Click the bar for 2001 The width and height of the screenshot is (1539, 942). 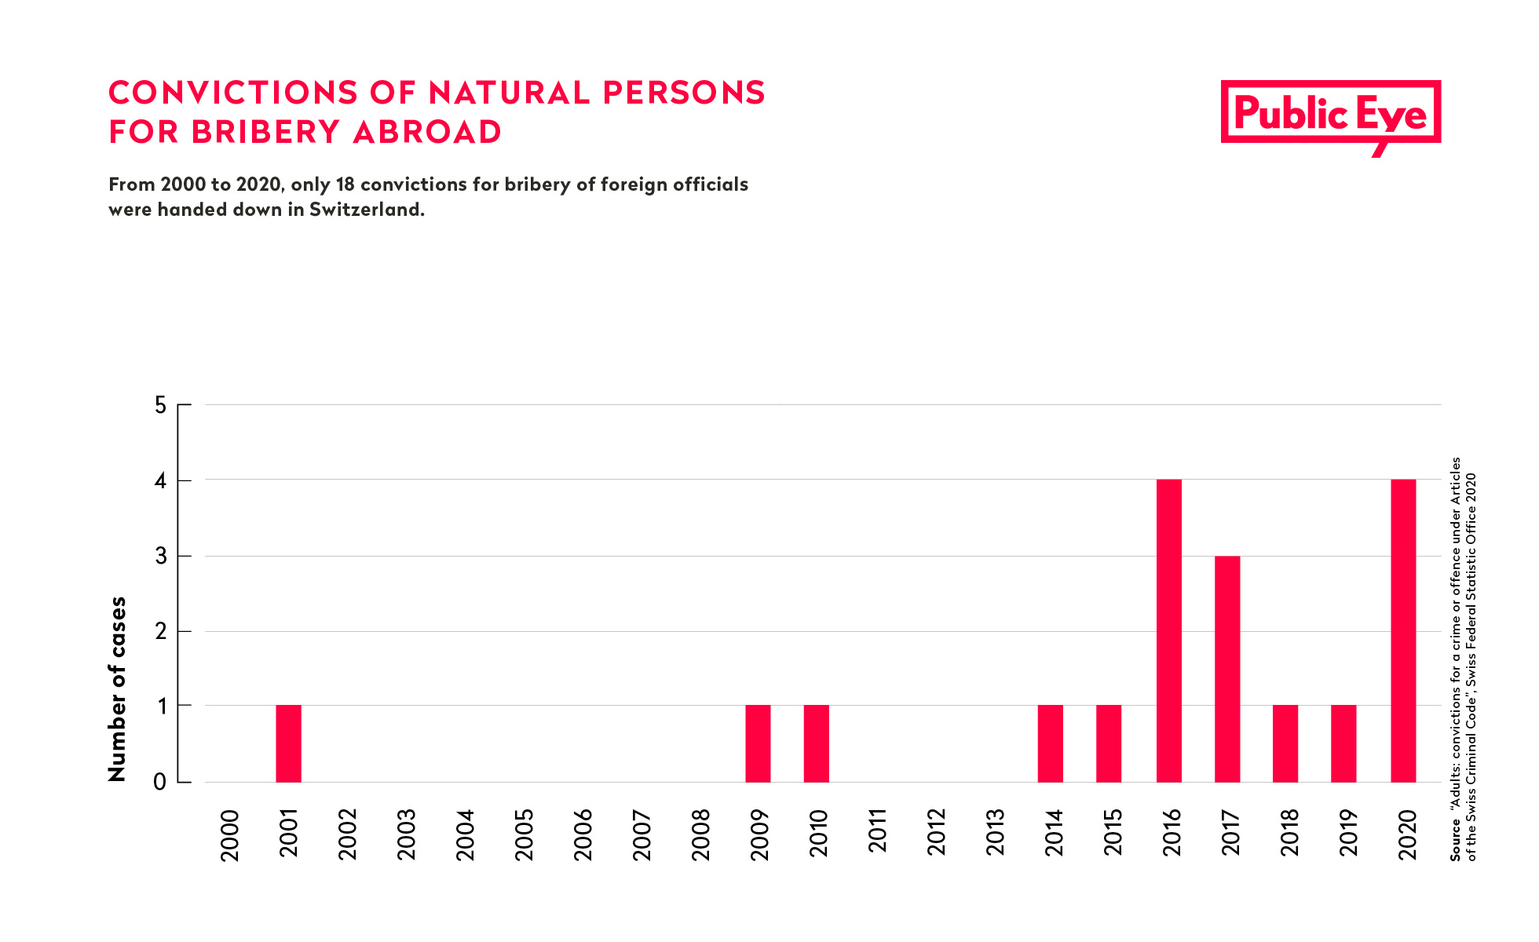(288, 743)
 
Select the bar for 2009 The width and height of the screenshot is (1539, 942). (758, 743)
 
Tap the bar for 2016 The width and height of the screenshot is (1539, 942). (1168, 630)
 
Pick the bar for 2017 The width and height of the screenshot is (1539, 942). (1227, 669)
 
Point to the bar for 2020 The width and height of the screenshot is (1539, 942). (1403, 630)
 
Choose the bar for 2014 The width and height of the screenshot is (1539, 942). (1051, 743)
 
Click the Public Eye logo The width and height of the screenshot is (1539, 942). (1330, 115)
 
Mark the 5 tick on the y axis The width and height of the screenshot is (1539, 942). (161, 405)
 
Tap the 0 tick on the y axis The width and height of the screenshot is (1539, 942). (161, 782)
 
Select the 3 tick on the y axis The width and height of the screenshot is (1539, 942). (161, 556)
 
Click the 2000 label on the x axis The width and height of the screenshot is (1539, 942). (230, 834)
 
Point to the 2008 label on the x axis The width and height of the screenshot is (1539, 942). (700, 834)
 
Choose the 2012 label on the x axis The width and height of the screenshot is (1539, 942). (936, 834)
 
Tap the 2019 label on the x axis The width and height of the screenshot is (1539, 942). (1348, 834)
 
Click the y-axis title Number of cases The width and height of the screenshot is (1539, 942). (117, 689)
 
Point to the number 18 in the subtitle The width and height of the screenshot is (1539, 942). (345, 184)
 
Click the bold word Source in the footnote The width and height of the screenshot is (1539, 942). (1455, 840)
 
